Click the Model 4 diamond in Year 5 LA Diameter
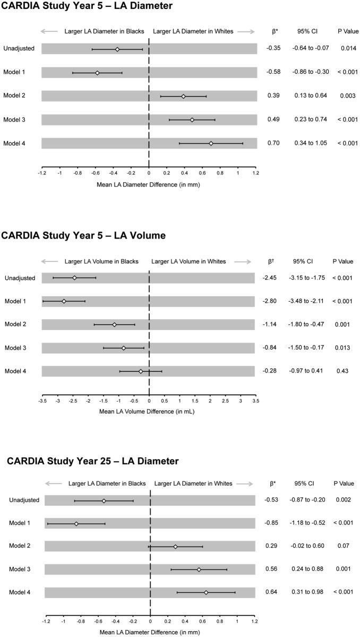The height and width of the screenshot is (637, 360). click(211, 143)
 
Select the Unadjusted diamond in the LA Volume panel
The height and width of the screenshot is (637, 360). click(75, 278)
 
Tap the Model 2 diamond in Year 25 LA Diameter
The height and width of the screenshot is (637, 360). click(175, 547)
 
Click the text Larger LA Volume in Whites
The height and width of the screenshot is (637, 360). click(188, 261)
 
